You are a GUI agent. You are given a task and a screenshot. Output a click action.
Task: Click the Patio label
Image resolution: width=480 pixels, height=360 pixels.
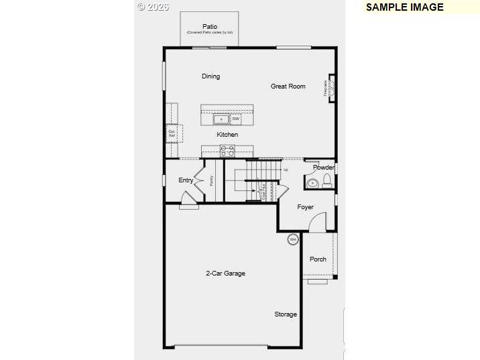click(210, 27)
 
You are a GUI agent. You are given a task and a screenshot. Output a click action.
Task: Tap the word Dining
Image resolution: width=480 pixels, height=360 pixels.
click(211, 76)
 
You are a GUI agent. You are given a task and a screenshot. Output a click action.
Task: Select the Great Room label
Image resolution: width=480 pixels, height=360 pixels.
click(288, 86)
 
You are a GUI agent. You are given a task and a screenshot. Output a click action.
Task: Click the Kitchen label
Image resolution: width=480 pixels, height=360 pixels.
click(227, 135)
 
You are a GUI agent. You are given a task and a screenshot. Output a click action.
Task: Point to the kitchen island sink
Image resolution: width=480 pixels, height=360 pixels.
click(221, 120)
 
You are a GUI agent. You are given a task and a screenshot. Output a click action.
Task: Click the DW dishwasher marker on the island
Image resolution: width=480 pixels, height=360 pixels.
click(235, 119)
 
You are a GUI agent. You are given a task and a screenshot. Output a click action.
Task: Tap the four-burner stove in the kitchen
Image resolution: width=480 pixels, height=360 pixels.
click(228, 151)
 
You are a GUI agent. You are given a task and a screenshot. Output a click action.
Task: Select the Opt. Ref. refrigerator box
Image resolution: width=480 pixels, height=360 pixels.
click(172, 133)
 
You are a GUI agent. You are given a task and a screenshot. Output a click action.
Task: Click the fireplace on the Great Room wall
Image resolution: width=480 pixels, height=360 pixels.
click(331, 87)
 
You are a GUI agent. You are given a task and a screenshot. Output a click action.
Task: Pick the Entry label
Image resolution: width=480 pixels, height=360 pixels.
click(186, 180)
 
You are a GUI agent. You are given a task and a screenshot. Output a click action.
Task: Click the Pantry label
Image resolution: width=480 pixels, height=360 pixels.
click(211, 180)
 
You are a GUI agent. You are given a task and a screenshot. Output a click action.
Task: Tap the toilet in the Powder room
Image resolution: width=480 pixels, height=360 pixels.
click(327, 180)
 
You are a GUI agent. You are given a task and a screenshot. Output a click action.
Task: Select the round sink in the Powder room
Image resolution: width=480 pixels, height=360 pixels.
click(312, 183)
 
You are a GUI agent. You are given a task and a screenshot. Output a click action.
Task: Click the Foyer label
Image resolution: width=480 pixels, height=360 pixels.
click(306, 207)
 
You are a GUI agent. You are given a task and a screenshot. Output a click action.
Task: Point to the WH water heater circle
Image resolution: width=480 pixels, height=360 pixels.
click(293, 239)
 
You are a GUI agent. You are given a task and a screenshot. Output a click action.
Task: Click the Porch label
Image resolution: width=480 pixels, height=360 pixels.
click(318, 259)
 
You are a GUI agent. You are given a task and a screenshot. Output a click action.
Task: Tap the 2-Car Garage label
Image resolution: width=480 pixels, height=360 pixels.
click(225, 274)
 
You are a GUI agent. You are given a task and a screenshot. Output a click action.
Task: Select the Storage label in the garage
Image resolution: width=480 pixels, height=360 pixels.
click(286, 314)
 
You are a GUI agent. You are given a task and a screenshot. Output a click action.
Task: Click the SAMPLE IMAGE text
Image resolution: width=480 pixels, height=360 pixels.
click(404, 7)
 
